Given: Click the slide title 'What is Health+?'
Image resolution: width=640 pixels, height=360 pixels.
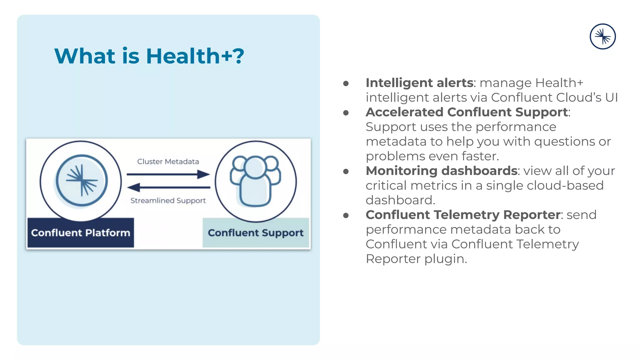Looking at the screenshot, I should point(149,56).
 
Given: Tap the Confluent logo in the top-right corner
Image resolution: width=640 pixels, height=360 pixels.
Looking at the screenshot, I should point(602,37).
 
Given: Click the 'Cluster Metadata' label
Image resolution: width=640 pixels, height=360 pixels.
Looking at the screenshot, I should point(168,162).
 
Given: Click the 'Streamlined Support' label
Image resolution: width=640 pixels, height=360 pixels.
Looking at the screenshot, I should point(168,201).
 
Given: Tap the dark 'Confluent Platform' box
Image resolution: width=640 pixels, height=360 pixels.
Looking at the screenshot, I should point(81,233).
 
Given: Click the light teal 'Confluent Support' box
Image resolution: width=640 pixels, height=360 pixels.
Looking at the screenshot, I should point(256,233).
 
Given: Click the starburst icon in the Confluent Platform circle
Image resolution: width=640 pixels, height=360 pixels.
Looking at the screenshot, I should point(82,181).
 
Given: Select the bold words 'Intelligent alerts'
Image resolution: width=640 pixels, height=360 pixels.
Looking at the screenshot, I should point(419,83).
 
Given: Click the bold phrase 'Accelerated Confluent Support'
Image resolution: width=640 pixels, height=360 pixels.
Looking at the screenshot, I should point(467,112).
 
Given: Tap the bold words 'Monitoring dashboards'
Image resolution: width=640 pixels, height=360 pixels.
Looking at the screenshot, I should point(441,171).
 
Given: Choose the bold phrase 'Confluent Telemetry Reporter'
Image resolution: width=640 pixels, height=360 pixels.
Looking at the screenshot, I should point(463,215).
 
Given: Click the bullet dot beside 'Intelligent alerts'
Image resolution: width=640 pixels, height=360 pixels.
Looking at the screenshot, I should point(346,83).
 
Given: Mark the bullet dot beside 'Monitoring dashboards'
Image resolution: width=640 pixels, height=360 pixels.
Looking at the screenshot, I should point(346,172).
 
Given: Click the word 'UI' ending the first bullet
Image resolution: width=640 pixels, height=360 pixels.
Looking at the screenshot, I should point(611,97).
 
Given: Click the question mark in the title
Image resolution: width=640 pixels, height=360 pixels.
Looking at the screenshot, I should point(238,56).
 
